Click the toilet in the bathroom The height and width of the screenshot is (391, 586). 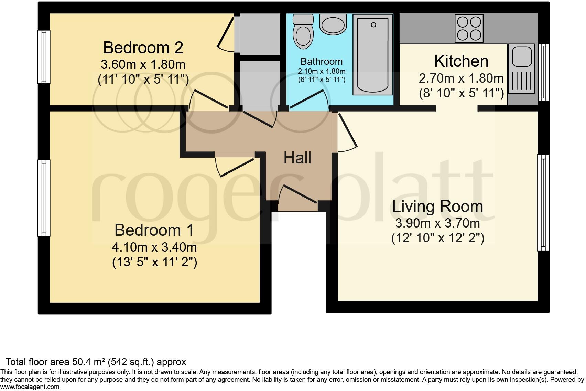[303, 34]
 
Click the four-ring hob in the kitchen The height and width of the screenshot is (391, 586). [469, 28]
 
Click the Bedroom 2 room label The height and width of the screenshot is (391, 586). [143, 47]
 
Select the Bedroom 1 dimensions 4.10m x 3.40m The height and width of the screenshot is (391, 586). [154, 247]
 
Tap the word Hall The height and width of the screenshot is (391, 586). [297, 158]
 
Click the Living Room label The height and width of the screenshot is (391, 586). [437, 207]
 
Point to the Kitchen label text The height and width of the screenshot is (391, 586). [461, 61]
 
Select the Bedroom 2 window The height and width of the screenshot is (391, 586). [44, 57]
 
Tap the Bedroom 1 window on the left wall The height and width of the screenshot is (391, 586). [44, 198]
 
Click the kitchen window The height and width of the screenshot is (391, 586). [543, 72]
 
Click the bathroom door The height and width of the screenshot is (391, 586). [308, 100]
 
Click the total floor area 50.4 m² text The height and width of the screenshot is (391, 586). [96, 362]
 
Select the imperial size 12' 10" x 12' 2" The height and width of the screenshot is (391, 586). [437, 239]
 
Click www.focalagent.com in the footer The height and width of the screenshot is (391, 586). [30, 387]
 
